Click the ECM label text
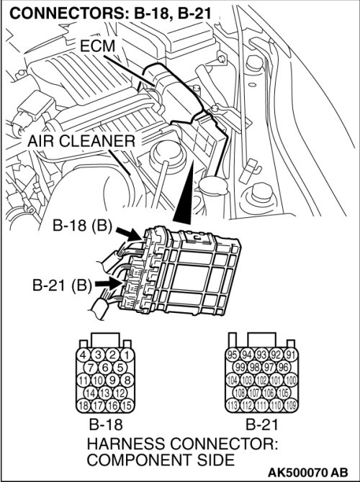[97, 46]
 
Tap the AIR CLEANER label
[81, 142]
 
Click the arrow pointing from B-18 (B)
[128, 234]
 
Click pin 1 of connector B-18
[127, 355]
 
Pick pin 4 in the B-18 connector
[83, 355]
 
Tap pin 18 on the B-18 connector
[83, 405]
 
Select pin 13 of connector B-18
[105, 393]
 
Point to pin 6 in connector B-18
[105, 368]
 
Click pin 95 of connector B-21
[233, 355]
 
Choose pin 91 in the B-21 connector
[291, 355]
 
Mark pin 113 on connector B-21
[233, 405]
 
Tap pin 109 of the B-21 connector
[291, 405]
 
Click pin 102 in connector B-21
[262, 380]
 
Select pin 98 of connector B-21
[254, 368]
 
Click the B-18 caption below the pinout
[106, 424]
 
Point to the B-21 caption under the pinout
[262, 424]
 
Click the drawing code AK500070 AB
[308, 471]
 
